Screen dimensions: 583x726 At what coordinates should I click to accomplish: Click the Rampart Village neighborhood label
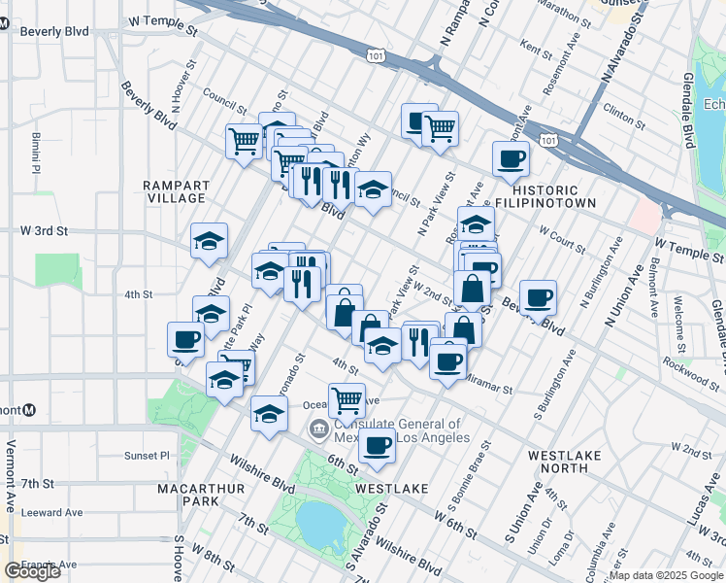pyautogui.click(x=175, y=190)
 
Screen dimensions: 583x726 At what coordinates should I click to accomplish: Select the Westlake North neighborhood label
pyautogui.click(x=558, y=461)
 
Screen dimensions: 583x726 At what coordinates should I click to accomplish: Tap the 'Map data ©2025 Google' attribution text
pyautogui.click(x=666, y=575)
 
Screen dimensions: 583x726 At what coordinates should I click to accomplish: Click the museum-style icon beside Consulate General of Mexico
pyautogui.click(x=318, y=429)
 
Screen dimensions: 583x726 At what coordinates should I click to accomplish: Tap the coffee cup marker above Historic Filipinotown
pyautogui.click(x=511, y=159)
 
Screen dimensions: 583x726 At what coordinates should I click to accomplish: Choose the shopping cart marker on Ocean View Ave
pyautogui.click(x=346, y=399)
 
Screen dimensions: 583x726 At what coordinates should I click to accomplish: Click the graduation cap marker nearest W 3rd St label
pyautogui.click(x=209, y=243)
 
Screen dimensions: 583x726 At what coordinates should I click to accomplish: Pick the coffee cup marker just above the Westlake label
pyautogui.click(x=377, y=447)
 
